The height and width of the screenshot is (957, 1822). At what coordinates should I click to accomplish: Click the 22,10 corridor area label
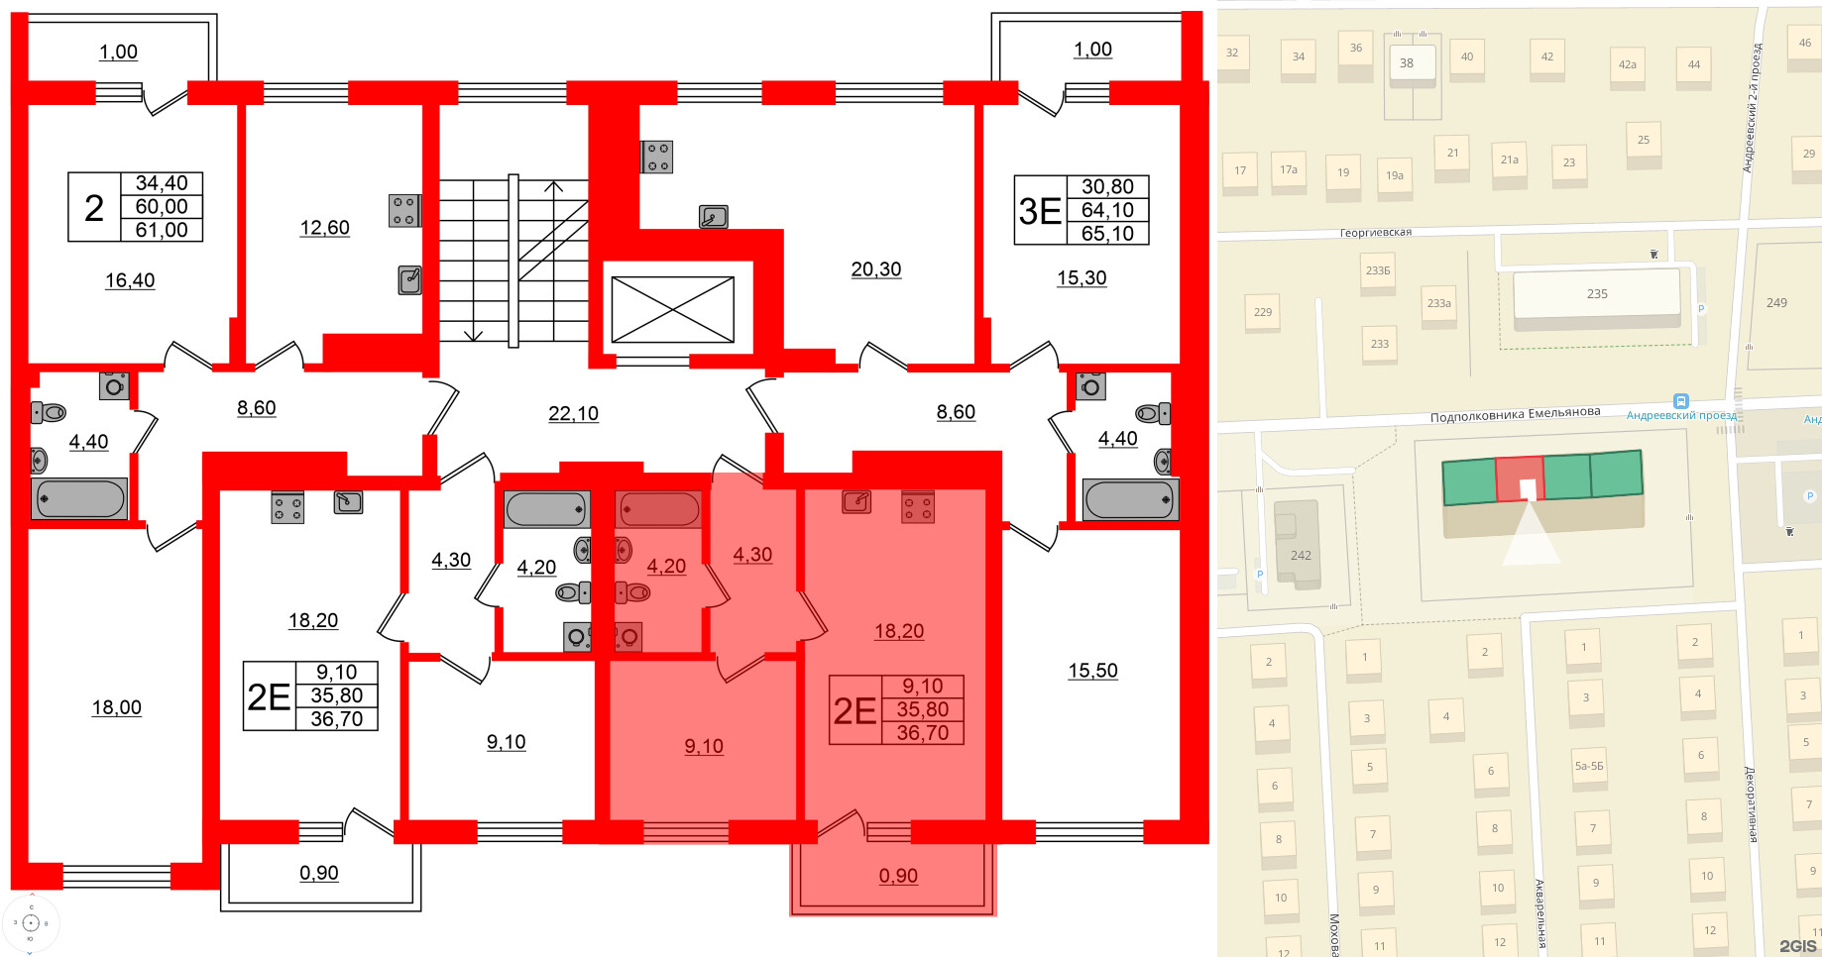pyautogui.click(x=573, y=413)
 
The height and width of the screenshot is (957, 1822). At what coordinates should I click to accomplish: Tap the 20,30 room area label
pyautogui.click(x=876, y=268)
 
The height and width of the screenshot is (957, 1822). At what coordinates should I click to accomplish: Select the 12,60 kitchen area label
pyautogui.click(x=324, y=228)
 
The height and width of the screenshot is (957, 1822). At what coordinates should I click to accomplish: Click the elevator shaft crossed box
pyautogui.click(x=672, y=309)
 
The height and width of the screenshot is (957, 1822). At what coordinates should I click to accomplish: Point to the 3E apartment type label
pyautogui.click(x=1040, y=210)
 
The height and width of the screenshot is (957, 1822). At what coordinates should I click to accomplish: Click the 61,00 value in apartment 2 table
pyautogui.click(x=162, y=230)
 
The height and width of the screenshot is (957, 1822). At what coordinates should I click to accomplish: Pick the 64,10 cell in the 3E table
pyautogui.click(x=1107, y=210)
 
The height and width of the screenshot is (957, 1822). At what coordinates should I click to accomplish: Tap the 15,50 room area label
pyautogui.click(x=1092, y=671)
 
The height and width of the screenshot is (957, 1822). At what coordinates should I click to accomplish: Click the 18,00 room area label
pyautogui.click(x=117, y=707)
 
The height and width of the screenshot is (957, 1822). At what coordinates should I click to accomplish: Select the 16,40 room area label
pyautogui.click(x=130, y=280)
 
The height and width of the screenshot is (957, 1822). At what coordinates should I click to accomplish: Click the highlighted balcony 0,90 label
pyautogui.click(x=898, y=876)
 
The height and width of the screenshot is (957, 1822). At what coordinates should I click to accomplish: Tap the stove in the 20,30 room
pyautogui.click(x=657, y=157)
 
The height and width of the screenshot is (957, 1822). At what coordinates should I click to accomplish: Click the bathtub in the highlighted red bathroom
pyautogui.click(x=659, y=509)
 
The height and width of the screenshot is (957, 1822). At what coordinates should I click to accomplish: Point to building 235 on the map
pyautogui.click(x=1596, y=294)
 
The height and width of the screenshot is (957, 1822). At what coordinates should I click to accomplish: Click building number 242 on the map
pyautogui.click(x=1301, y=555)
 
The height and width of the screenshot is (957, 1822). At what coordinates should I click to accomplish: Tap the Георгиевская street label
pyautogui.click(x=1375, y=233)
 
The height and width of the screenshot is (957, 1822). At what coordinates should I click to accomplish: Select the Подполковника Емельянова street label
pyautogui.click(x=1515, y=414)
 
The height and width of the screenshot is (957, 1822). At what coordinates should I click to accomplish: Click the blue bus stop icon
pyautogui.click(x=1680, y=401)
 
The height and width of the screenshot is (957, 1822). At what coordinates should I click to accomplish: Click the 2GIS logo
pyautogui.click(x=1797, y=945)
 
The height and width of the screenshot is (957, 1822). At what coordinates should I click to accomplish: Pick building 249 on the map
pyautogui.click(x=1776, y=302)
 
